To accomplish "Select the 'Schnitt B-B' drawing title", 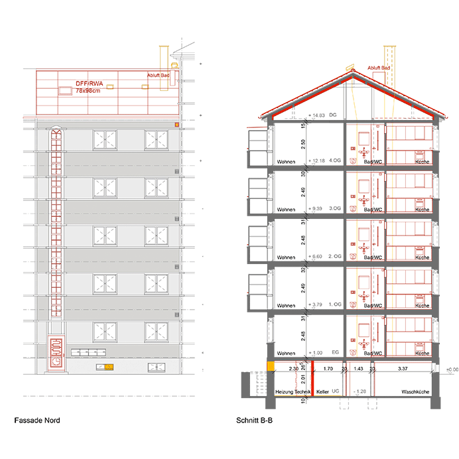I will (255, 421).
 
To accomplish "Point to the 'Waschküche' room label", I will (415, 393).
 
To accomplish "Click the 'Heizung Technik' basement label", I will (293, 393).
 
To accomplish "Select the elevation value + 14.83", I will (317, 115).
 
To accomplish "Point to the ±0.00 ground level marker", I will (451, 369).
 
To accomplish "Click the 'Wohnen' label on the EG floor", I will (286, 353).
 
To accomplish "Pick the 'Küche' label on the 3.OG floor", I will (422, 210).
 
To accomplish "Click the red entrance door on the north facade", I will (57, 352).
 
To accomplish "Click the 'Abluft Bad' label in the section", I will (377, 68).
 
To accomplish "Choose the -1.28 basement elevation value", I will (361, 391).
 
